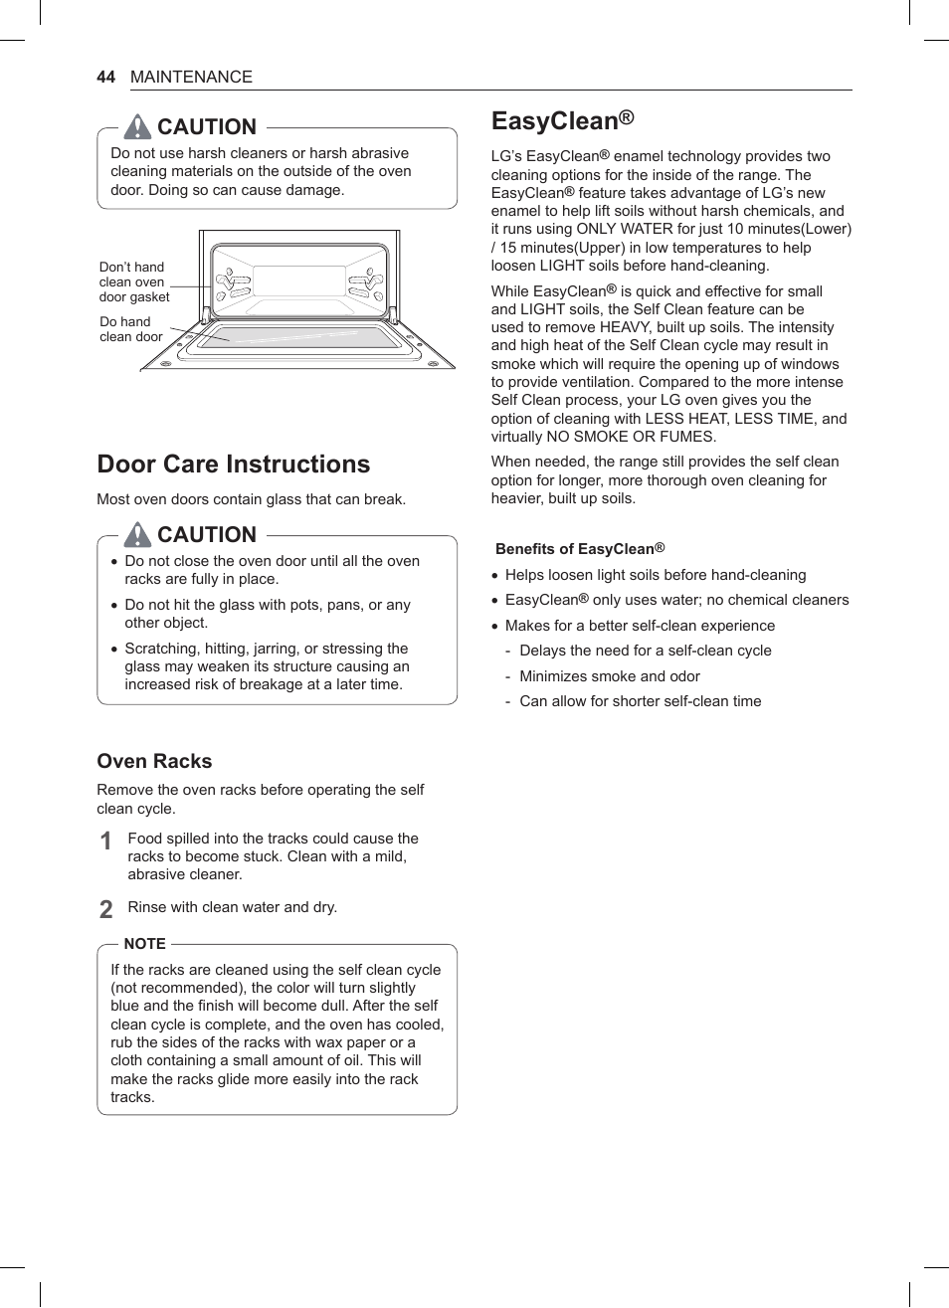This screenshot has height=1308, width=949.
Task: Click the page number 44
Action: point(105,78)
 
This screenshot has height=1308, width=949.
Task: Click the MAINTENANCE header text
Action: point(191,78)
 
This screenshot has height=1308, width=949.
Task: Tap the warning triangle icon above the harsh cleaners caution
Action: point(137,126)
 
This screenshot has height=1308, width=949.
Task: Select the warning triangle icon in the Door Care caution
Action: point(137,534)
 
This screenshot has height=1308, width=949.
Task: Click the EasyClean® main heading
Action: point(562,121)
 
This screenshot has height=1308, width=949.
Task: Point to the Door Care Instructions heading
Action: point(233,465)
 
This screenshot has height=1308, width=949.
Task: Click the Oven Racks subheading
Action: point(154,761)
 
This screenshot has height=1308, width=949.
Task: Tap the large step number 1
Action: point(106,841)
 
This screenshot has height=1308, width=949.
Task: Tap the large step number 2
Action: point(106,909)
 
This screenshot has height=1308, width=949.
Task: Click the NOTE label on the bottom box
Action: point(144,944)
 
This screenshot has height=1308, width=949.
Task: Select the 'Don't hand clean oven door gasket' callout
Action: point(134,282)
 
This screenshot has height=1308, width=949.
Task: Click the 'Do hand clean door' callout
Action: point(130,329)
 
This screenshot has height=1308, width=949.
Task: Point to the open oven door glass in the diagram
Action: point(298,337)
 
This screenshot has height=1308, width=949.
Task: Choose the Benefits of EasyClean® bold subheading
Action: point(579,549)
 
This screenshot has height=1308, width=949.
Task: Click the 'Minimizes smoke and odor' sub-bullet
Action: point(609,676)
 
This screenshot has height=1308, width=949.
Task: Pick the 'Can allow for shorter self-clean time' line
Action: point(640,701)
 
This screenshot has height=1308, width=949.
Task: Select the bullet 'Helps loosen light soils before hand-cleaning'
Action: point(655,575)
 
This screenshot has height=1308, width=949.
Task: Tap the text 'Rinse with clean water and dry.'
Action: point(232,907)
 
